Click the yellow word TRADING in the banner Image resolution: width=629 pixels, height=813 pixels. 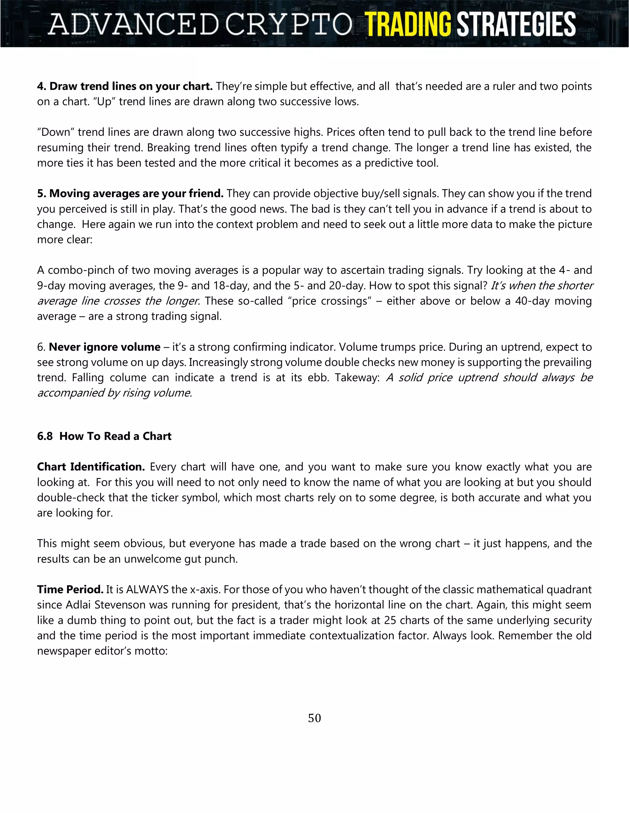point(408,25)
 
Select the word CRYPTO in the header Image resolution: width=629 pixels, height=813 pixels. point(289,25)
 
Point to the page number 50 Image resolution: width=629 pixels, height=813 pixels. point(314,718)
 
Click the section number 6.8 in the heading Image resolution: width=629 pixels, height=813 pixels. point(45,436)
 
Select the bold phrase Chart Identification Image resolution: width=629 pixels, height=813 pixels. point(91,467)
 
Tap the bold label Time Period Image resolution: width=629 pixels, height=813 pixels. point(70,590)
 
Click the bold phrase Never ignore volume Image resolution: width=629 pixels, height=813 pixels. point(104,347)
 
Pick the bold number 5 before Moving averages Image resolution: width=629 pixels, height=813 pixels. point(41,194)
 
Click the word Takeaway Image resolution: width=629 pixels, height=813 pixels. point(357,377)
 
